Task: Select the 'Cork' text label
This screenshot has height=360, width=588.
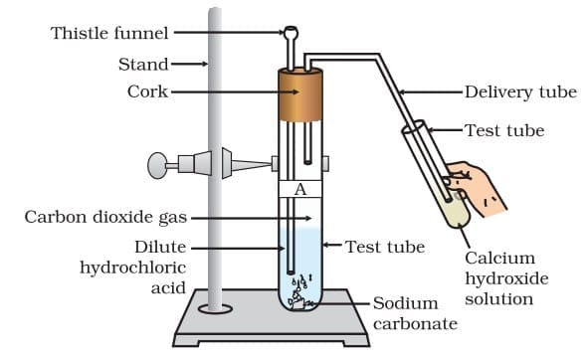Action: click(147, 92)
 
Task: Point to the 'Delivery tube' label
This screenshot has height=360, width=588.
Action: click(520, 92)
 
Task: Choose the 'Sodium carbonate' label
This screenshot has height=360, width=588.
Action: click(415, 314)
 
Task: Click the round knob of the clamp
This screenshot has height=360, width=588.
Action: click(158, 165)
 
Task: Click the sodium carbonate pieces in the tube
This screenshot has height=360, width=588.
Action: click(299, 293)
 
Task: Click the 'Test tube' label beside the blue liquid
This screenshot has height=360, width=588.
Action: click(385, 247)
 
